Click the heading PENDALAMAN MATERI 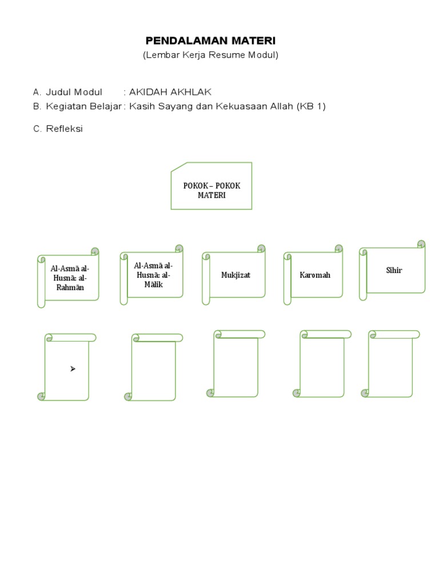(210, 41)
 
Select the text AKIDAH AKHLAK (170, 92)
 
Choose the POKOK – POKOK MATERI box (211, 187)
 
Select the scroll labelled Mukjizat (236, 275)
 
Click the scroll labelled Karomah (315, 275)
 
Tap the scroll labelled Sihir (394, 270)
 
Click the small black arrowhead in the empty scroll (73, 369)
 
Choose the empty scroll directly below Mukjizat (236, 365)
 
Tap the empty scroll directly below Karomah (322, 365)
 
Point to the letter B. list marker (37, 106)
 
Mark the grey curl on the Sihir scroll (421, 245)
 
